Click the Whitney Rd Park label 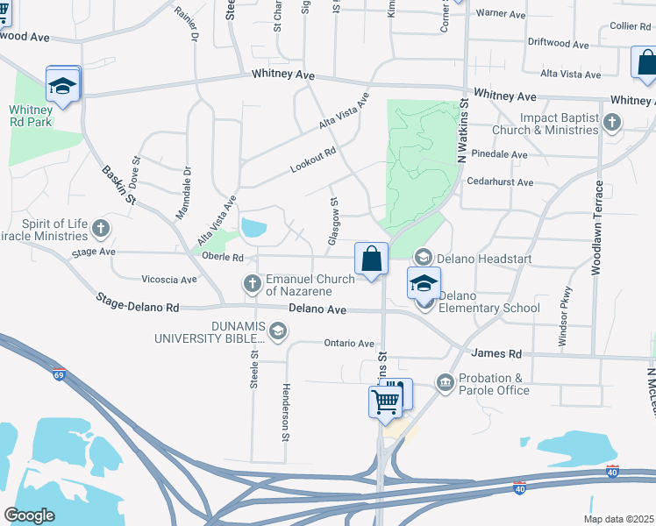point(32,116)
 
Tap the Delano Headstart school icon point(424,256)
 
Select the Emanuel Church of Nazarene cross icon point(253,283)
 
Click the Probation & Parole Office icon point(445,382)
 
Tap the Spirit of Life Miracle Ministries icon point(101,230)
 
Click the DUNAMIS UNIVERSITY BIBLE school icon point(278,331)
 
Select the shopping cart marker point(386,402)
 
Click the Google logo point(29,515)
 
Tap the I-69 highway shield point(59,374)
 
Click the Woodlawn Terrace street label point(597,229)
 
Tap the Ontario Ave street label point(349,344)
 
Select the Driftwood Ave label point(558,43)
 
